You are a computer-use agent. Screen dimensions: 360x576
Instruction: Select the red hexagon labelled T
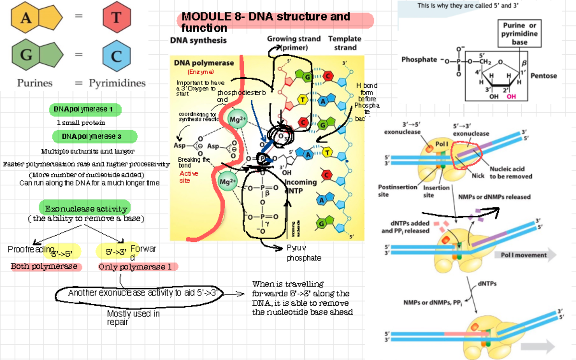coord(117,18)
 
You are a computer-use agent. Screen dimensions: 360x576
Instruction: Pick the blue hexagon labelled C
coord(117,56)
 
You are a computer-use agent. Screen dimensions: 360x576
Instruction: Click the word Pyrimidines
coord(117,83)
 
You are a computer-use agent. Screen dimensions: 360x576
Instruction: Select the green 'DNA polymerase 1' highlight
coord(85,109)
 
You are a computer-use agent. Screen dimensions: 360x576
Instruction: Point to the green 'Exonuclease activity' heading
coord(84,208)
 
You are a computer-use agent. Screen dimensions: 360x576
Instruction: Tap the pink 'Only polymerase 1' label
coord(138,267)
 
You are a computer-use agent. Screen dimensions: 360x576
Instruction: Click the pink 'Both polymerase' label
coord(46,266)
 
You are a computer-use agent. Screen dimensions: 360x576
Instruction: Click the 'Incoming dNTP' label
coord(301,186)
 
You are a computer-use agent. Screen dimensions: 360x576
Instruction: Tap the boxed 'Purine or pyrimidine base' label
coord(519,34)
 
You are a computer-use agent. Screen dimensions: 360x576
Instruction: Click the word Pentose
coord(544,76)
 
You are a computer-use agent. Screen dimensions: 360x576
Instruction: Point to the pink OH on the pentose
coord(511,96)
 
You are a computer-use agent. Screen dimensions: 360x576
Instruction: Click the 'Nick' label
coord(478,176)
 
